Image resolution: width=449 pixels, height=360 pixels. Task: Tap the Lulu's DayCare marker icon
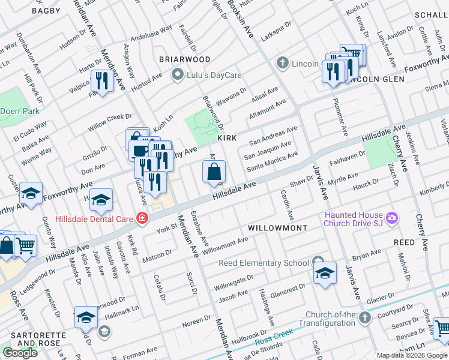click(x=177, y=75)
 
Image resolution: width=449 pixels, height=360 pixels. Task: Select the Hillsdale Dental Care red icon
click(x=142, y=218)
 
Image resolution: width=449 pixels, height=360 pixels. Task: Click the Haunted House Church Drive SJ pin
click(x=393, y=217)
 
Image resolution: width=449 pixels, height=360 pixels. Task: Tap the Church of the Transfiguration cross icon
click(x=364, y=316)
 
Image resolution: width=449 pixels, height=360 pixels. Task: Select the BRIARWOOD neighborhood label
click(x=184, y=59)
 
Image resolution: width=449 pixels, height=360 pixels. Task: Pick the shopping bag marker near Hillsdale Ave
click(x=214, y=173)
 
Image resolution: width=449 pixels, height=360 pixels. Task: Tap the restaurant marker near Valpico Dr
click(x=101, y=81)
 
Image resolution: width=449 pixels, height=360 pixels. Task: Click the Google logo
click(x=20, y=353)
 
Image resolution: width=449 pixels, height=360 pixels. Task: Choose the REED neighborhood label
click(x=404, y=242)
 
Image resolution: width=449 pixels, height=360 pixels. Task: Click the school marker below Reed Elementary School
click(x=325, y=273)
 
